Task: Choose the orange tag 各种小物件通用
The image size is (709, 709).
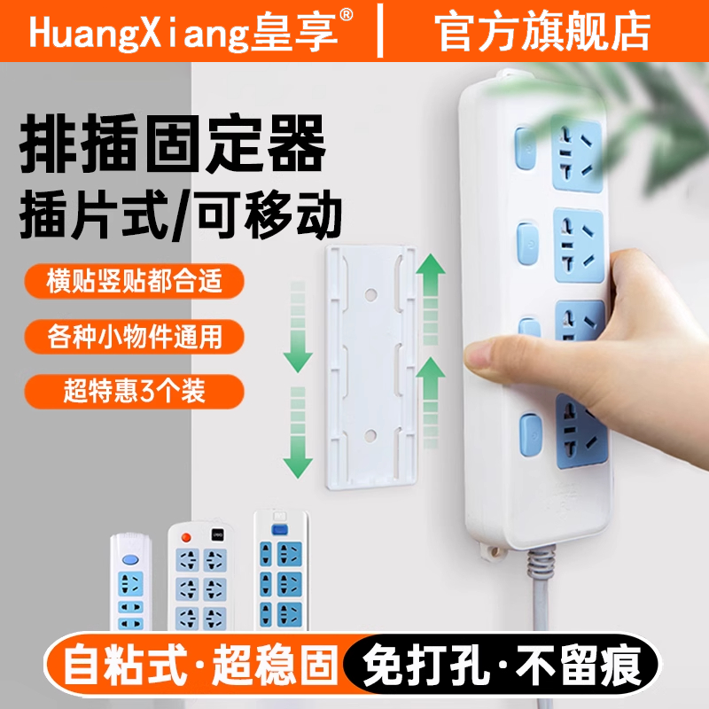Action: (x=133, y=337)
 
